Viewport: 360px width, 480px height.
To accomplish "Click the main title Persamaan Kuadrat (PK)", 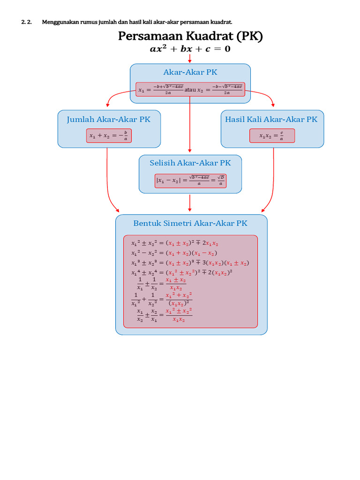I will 190,36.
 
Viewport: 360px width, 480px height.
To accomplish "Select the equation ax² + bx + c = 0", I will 190,49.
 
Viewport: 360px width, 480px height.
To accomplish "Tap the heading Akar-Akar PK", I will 190,72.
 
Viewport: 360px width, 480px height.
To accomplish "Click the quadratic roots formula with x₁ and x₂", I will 190,89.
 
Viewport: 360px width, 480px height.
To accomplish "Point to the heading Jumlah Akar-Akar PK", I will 108,119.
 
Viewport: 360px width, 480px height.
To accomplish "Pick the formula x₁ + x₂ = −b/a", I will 108,135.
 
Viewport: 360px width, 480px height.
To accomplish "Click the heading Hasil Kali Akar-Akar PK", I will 271,119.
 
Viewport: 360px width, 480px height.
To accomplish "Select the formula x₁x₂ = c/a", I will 272,135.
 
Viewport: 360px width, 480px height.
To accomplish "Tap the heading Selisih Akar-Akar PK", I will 190,163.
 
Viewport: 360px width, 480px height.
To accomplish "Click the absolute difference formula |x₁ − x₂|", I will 190,180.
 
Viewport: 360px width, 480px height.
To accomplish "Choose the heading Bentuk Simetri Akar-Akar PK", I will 190,223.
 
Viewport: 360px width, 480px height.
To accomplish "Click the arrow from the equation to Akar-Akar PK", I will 190,59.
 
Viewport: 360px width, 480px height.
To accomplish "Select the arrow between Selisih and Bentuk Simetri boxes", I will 190,203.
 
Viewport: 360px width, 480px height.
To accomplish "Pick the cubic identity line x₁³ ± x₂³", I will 190,262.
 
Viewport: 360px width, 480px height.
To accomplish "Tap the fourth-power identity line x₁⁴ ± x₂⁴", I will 182,272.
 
